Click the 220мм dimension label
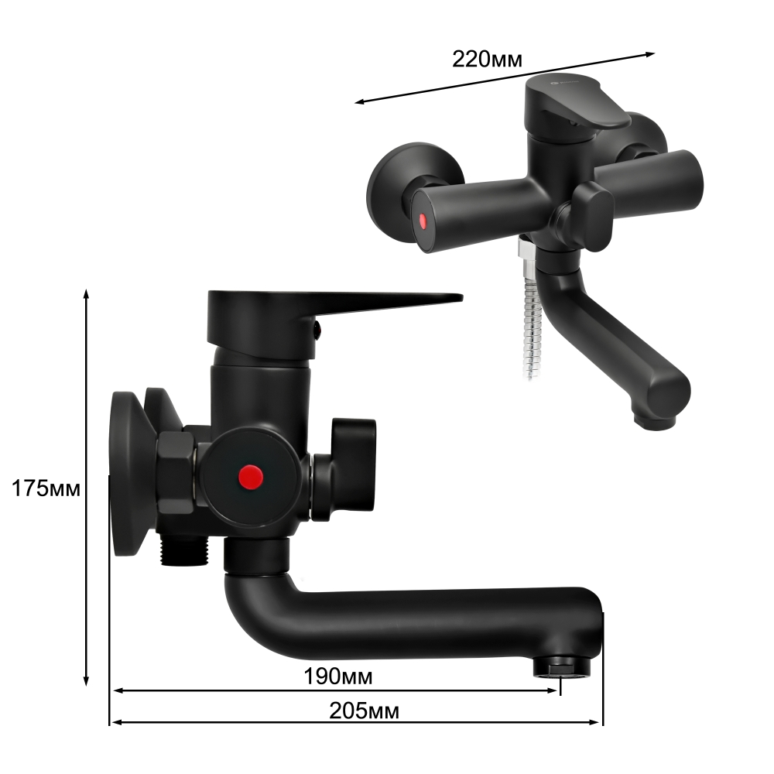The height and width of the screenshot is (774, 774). click(488, 58)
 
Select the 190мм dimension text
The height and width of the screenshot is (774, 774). click(338, 676)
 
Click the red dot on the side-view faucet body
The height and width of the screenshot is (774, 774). click(249, 474)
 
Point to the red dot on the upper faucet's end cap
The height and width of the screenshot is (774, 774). click(423, 221)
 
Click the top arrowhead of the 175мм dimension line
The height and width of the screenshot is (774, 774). click(87, 295)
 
